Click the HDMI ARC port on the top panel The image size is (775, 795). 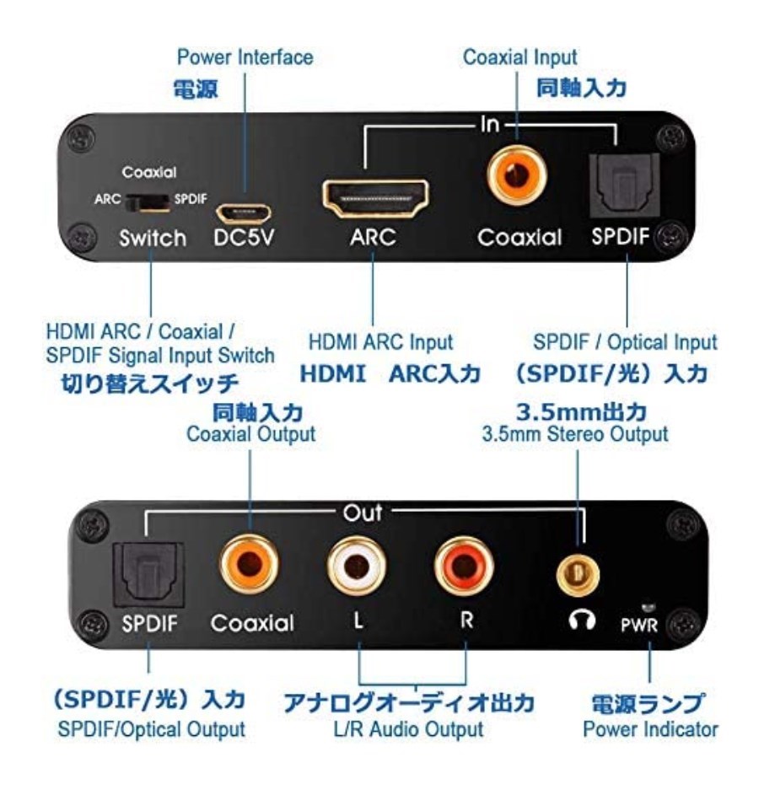coord(375,198)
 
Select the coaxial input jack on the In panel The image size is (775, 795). coord(517,175)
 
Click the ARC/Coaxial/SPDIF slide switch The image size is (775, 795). coord(147,201)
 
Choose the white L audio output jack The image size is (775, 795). coord(357,567)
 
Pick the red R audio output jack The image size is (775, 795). coord(464,567)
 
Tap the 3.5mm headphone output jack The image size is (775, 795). coord(578,575)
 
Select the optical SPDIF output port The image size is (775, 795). coord(148,575)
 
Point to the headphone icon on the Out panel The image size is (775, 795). coord(582,620)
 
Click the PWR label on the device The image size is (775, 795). coord(639,625)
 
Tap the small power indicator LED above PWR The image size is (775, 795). coord(649,607)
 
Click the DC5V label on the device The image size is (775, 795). coord(244,237)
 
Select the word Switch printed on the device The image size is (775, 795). coord(153,239)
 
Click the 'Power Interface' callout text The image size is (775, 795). coord(245,57)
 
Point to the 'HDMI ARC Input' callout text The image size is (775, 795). coord(380,342)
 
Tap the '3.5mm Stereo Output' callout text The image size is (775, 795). coord(574,434)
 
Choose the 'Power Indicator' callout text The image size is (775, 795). coord(650,729)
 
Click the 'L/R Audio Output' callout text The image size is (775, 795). coord(408,729)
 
